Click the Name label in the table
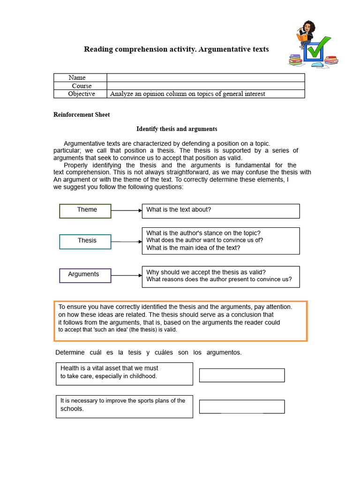click(77, 77)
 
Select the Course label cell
click(82, 86)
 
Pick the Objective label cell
click(81, 94)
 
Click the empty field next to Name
click(205, 77)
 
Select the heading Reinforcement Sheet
click(82, 115)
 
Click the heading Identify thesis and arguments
click(177, 129)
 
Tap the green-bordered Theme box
click(85, 211)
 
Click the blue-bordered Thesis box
click(85, 241)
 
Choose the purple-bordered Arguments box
click(85, 276)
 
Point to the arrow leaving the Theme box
click(127, 211)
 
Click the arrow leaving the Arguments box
click(127, 276)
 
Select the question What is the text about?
click(179, 210)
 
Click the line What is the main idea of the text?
click(193, 248)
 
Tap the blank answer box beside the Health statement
click(242, 375)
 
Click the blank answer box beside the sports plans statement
click(242, 406)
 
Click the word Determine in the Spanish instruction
click(71, 352)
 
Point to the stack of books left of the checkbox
click(295, 60)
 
